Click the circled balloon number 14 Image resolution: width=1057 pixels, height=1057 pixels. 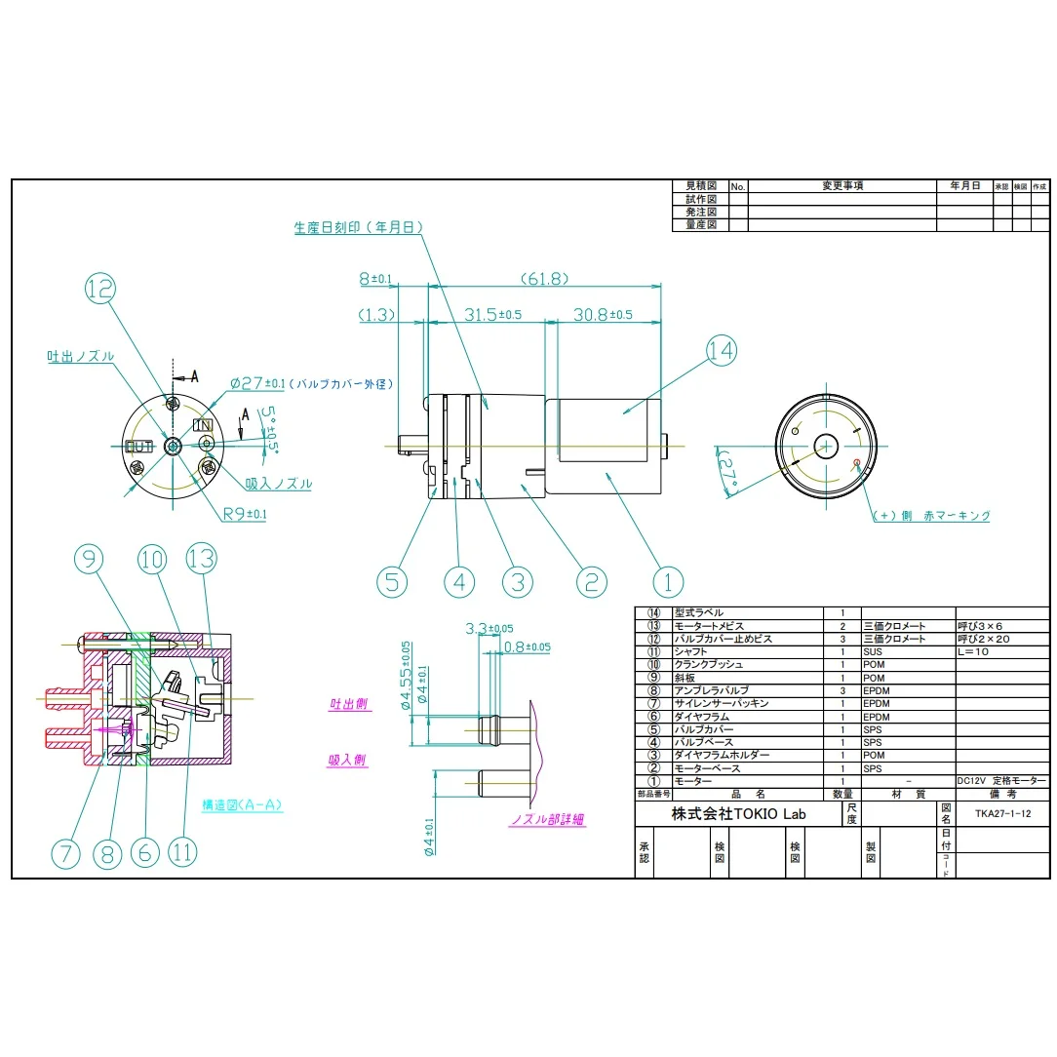pos(722,351)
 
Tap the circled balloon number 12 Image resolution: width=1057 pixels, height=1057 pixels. pos(100,289)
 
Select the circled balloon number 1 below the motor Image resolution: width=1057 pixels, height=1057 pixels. pos(668,582)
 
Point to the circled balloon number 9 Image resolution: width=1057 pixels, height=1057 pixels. pos(89,559)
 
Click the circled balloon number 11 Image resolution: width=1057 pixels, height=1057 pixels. pos(182,852)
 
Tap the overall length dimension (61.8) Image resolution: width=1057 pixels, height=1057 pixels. pos(544,279)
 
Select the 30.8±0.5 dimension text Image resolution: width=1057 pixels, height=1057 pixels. pos(602,315)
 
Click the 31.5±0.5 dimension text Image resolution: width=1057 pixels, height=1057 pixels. pos(492,315)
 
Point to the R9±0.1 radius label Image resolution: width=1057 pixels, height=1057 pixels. pos(245,514)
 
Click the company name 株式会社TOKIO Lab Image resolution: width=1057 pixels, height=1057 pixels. pos(738,814)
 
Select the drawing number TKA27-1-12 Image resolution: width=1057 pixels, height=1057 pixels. pos(1000,812)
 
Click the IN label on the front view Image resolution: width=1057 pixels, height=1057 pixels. pos(204,425)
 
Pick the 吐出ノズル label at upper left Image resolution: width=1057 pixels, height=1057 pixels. pos(80,357)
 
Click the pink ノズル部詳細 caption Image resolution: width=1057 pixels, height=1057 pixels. pos(548,820)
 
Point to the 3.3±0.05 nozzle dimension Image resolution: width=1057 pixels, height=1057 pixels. pos(490,629)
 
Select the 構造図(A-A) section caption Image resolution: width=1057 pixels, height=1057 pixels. pos(243,805)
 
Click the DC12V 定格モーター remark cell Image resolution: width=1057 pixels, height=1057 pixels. pos(1000,781)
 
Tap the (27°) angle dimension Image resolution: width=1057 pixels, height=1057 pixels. pos(731,472)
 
